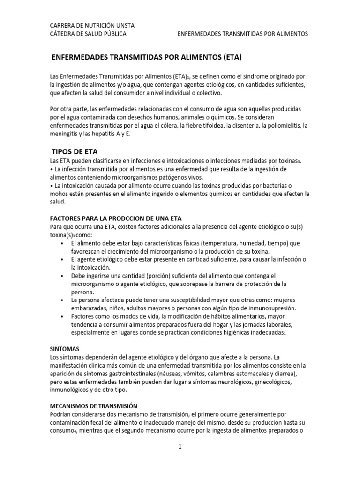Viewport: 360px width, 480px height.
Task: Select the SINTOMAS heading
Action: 65,349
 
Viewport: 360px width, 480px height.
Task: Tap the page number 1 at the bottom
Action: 180,447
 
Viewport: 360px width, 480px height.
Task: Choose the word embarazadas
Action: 90,308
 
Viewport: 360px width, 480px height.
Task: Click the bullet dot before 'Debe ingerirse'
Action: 62,276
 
